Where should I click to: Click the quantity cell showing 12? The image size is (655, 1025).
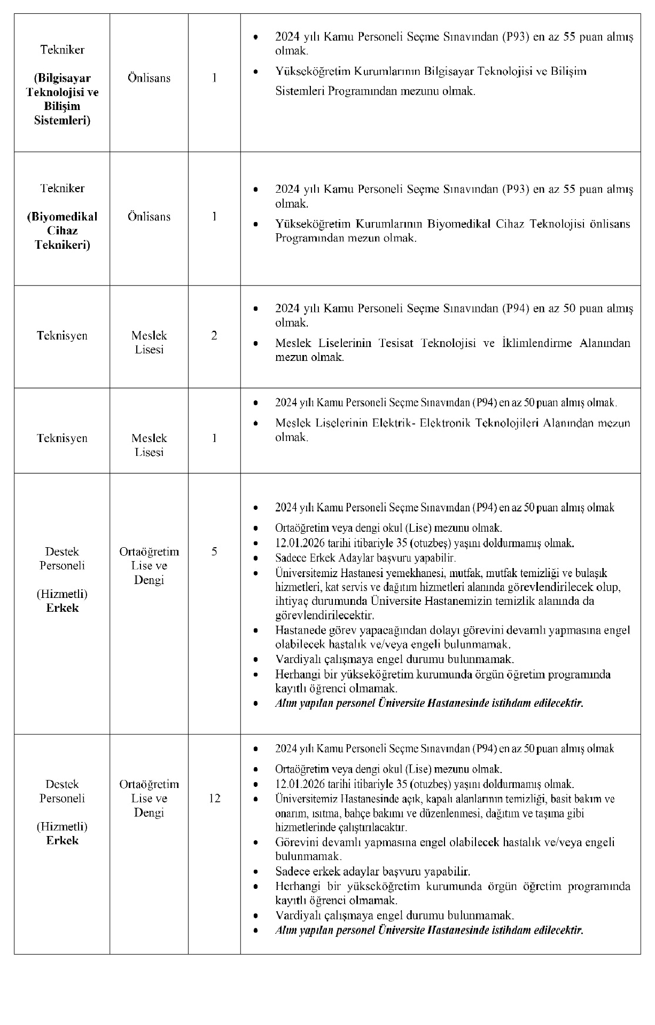214,799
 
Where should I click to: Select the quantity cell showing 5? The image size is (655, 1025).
214,551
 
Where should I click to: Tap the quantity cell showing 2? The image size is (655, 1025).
214,336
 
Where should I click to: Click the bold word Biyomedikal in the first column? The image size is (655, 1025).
63,217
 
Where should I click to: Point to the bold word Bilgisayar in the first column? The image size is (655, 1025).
63,78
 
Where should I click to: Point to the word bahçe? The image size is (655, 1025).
360,814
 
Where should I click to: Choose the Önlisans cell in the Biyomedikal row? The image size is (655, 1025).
149,217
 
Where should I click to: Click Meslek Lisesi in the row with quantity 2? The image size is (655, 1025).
149,343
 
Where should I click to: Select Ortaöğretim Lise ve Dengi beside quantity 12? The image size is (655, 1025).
149,799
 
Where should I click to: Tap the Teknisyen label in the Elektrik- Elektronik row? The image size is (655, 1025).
62,438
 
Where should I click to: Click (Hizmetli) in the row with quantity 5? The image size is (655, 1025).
62,594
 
